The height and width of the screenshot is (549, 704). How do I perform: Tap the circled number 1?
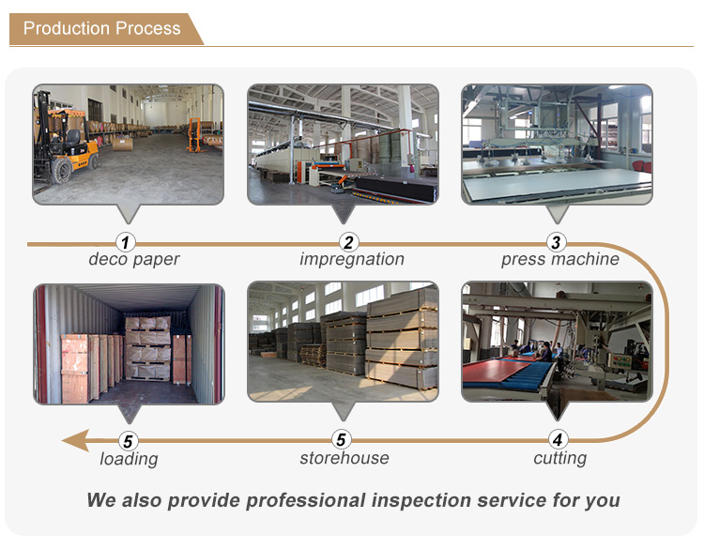pyautogui.click(x=128, y=243)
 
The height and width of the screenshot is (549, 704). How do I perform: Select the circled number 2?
pyautogui.click(x=347, y=243)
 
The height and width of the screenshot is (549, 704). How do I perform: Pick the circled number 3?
pyautogui.click(x=556, y=243)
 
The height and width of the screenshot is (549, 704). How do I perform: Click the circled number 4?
pyautogui.click(x=558, y=439)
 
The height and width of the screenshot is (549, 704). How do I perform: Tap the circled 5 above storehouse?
pyautogui.click(x=343, y=439)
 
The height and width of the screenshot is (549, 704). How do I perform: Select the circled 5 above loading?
pyautogui.click(x=129, y=439)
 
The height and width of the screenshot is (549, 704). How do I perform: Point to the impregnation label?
pyautogui.click(x=352, y=259)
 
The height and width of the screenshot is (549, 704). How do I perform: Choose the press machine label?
pyautogui.click(x=559, y=259)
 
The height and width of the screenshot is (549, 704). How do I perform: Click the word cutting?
pyautogui.click(x=559, y=458)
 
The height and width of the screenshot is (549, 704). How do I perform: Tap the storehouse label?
pyautogui.click(x=344, y=458)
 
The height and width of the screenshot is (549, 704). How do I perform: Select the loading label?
pyautogui.click(x=129, y=459)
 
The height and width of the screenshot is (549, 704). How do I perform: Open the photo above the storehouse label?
pyautogui.click(x=343, y=343)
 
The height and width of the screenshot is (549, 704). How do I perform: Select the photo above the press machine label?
pyautogui.click(x=557, y=145)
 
